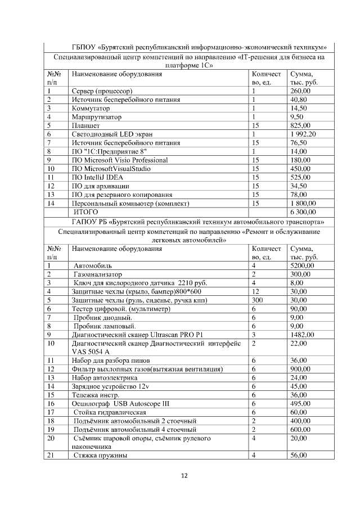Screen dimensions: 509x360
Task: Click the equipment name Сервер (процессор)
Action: click(x=102, y=91)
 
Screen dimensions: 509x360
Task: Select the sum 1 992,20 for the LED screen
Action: click(x=303, y=134)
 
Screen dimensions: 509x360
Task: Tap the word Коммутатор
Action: click(x=91, y=108)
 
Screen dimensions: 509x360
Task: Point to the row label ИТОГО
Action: click(x=86, y=211)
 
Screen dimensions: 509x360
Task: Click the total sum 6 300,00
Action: click(x=303, y=211)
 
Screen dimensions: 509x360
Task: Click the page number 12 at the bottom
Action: click(x=184, y=475)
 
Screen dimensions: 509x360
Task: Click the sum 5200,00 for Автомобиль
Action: click(x=302, y=265)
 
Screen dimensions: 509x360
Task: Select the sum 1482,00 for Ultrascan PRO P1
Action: click(x=302, y=335)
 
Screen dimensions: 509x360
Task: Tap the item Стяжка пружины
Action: click(x=100, y=456)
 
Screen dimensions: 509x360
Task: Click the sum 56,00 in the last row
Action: click(x=298, y=456)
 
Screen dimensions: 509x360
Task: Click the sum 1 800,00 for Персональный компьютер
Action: click(x=303, y=203)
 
